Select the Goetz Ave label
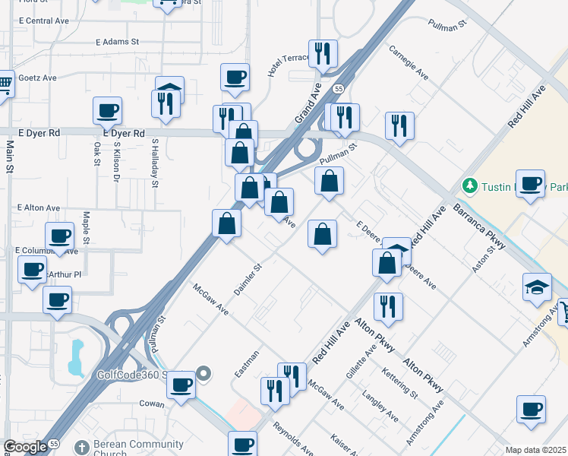click(x=38, y=78)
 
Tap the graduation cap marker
click(x=537, y=287)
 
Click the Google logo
click(x=25, y=447)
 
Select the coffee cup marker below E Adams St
click(x=107, y=110)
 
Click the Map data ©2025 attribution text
click(x=535, y=450)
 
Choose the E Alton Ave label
click(x=38, y=207)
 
